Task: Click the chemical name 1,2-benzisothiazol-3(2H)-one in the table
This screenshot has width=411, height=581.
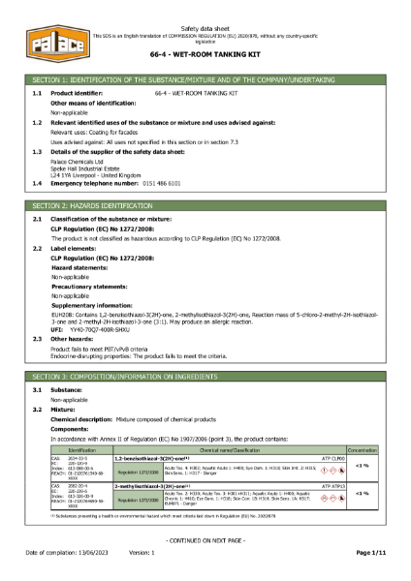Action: tap(153, 459)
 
